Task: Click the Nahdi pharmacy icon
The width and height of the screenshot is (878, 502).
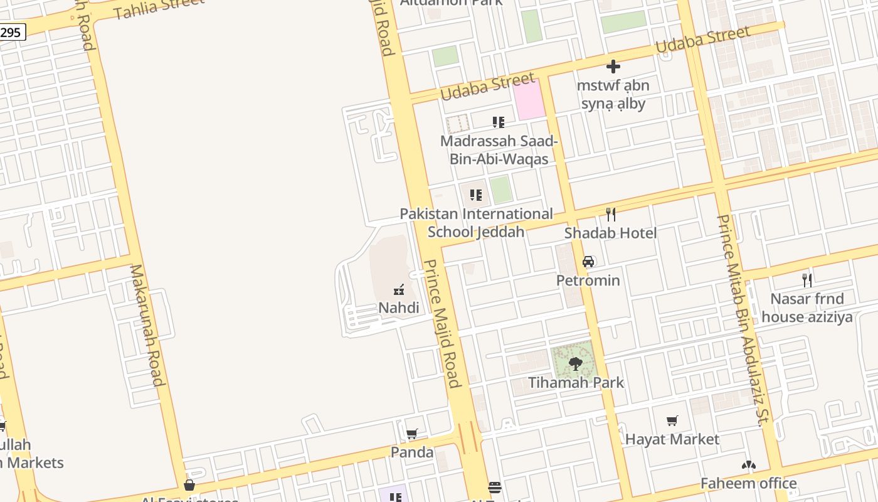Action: pos(398,290)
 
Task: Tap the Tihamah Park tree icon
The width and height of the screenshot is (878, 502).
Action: pos(575,363)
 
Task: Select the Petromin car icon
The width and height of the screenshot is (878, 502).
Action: pos(588,262)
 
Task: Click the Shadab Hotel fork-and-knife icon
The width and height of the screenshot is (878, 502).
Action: pos(611,215)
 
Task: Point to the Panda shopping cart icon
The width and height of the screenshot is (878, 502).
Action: pos(412,434)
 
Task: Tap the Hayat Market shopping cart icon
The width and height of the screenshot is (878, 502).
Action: pos(672,420)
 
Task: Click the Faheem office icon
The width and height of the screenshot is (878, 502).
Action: pos(748,466)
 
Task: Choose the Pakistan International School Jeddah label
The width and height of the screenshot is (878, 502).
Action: pos(477,223)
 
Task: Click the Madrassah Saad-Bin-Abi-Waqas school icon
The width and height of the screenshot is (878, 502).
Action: pos(499,122)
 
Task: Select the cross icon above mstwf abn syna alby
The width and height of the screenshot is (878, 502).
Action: pos(613,67)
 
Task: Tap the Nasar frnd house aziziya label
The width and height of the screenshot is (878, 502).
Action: pos(807,307)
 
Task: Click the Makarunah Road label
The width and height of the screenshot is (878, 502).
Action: pos(148,325)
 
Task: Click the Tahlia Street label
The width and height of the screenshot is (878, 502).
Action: pos(159,9)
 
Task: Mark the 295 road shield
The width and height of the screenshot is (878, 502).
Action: pos(11,32)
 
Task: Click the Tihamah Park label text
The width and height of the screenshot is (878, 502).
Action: pos(576,382)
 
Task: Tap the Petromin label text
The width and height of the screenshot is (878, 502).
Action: pos(588,280)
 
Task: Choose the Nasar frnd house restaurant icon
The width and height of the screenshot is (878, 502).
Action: pos(807,280)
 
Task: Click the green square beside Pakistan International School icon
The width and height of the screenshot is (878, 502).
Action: pos(500,190)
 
